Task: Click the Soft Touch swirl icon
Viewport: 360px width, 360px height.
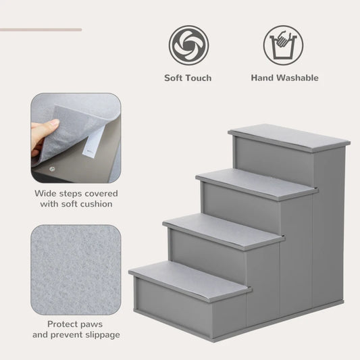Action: pos(188,45)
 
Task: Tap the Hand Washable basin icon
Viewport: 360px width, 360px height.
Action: pos(283,45)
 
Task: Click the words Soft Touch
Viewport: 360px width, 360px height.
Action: pos(188,78)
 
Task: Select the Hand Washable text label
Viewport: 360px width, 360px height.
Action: pos(284,78)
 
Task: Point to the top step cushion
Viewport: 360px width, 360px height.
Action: pos(289,137)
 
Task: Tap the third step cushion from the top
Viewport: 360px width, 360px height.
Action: pos(223,230)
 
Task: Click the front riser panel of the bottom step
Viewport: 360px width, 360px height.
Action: pos(188,310)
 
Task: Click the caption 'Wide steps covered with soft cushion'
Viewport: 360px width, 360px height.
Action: pos(74,198)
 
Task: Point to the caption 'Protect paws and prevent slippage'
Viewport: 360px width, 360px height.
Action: pos(76,329)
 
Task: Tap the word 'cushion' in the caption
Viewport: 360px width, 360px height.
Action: pos(94,203)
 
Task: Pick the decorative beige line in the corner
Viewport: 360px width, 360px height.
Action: pos(41,30)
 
